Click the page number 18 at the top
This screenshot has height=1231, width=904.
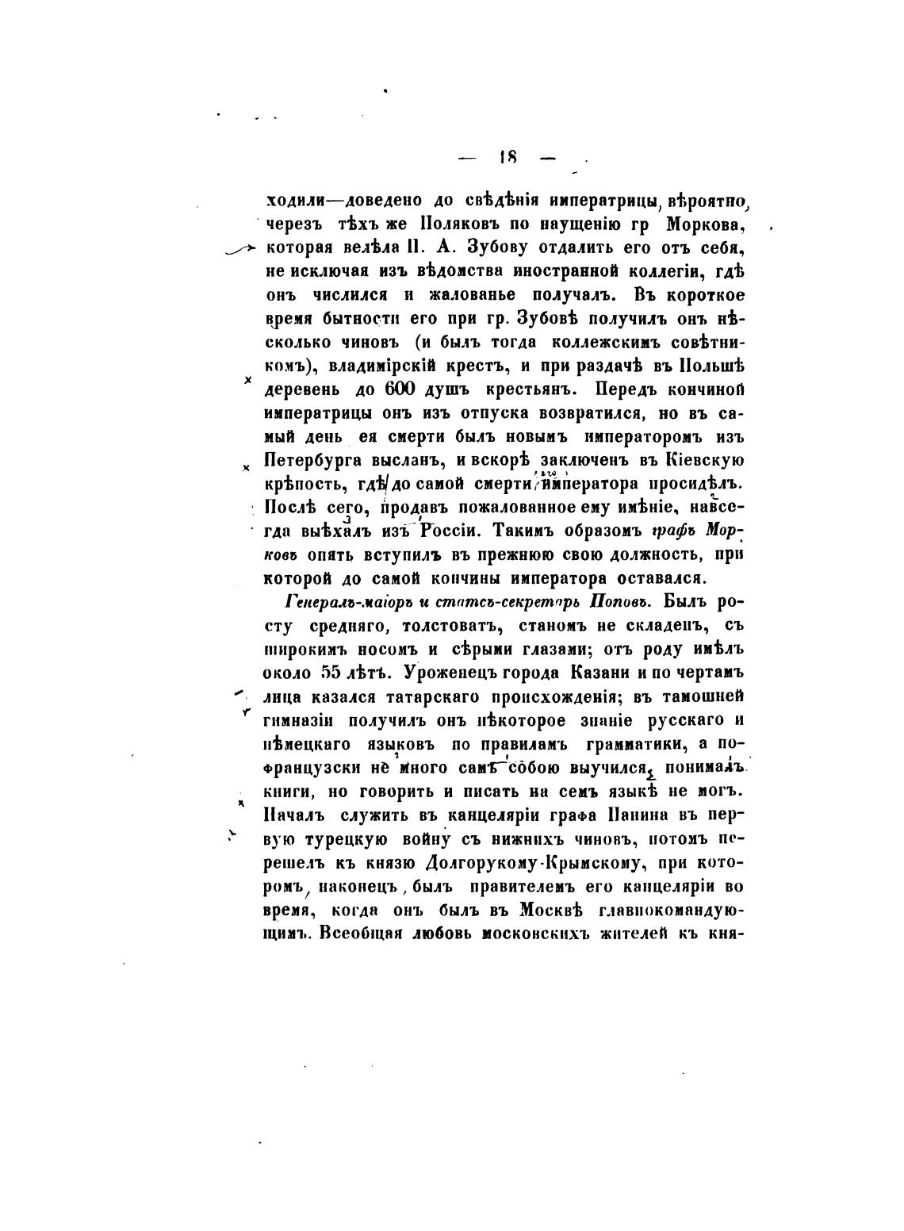pyautogui.click(x=508, y=157)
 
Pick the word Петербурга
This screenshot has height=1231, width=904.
pyautogui.click(x=316, y=461)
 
